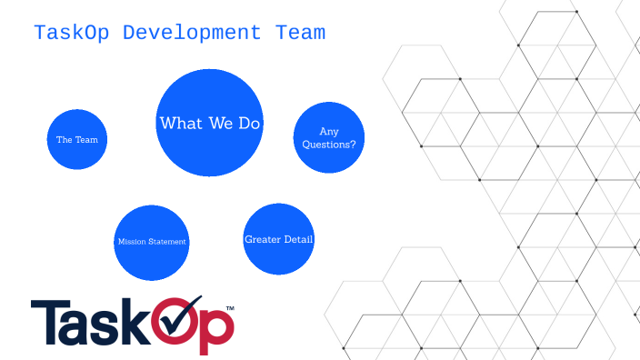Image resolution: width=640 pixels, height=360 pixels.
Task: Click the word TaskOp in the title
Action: coord(73,34)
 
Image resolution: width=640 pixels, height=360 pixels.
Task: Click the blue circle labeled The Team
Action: coord(77,139)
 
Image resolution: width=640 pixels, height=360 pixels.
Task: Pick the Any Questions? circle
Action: coord(328,137)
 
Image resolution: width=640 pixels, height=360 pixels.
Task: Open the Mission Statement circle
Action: coord(151,242)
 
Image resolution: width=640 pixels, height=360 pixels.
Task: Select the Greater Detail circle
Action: coord(279,239)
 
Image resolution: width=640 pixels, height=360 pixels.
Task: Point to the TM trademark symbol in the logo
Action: coord(229,310)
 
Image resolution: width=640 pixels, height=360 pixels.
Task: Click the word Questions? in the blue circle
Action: coord(328,144)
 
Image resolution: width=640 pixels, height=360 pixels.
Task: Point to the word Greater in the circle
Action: coord(262,239)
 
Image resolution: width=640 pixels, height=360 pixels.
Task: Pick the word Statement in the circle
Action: coord(166,242)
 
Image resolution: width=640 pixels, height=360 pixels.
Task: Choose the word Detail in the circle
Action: coord(298,239)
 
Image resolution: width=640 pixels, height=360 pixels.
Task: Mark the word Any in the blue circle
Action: coord(328,131)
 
